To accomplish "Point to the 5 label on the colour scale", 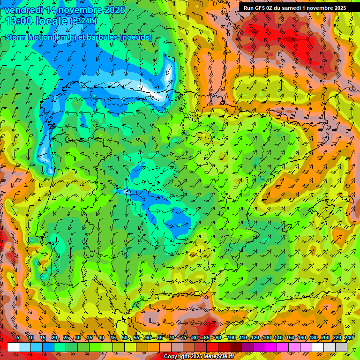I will (18, 338).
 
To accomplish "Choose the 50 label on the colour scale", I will (125, 338).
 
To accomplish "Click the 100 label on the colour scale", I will (231, 338).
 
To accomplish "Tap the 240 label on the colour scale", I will (349, 338).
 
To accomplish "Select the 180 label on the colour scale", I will (313, 338).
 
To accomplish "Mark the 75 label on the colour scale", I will (183, 338).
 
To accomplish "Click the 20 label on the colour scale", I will (54, 338).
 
